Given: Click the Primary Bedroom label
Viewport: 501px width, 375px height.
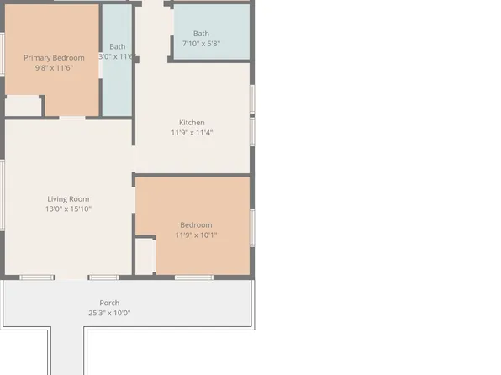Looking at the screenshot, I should [54, 57].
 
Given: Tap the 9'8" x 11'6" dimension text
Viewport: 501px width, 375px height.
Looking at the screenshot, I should [54, 67].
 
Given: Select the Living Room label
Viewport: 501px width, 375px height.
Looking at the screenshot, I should [68, 199].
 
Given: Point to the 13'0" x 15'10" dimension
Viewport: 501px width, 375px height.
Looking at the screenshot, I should [68, 209].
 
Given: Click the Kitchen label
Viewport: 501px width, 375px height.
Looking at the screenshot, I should [192, 122].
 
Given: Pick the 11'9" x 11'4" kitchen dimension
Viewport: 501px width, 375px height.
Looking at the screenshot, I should [192, 132].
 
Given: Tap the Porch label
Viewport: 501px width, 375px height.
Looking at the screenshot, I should [109, 303].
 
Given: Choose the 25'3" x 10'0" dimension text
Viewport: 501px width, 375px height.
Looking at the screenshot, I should [109, 313].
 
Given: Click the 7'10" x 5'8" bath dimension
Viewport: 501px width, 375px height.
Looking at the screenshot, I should [201, 44].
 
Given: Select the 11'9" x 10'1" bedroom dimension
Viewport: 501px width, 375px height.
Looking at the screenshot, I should [196, 235].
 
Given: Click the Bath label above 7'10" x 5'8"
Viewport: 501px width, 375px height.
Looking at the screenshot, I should [201, 34].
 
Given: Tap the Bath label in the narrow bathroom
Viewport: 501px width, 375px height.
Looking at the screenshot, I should [118, 46].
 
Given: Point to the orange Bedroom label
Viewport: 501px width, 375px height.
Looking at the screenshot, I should [196, 224].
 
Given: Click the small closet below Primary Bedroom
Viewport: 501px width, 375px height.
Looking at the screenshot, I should [24, 106].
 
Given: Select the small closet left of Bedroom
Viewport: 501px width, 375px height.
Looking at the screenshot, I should [145, 256].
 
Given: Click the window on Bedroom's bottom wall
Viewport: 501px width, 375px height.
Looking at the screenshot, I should [194, 277].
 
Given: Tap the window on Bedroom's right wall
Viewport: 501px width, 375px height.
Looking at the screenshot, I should [251, 226].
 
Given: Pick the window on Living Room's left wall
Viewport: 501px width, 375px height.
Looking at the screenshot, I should [3, 193].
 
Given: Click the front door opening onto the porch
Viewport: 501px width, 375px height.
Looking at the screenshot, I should [72, 277].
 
